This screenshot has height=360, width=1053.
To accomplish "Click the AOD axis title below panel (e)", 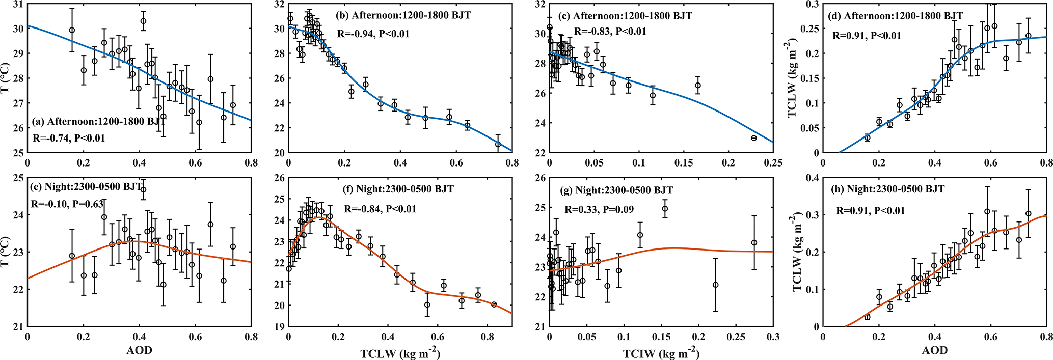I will (139, 350).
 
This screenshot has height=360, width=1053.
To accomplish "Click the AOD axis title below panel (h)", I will (934, 350).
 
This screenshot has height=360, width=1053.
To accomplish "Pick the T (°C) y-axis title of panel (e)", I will (6, 252).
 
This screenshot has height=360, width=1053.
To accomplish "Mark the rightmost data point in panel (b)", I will (498, 144).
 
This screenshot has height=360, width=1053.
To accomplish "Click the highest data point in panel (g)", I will (665, 209).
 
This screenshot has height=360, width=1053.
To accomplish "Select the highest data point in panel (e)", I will (143, 189).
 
